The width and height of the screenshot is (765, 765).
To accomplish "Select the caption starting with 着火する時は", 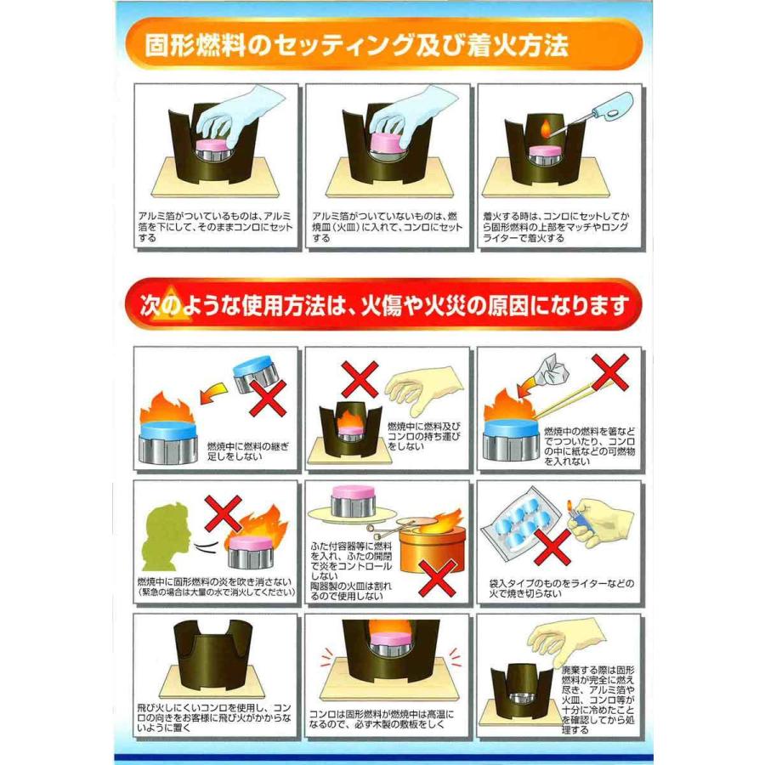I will (x=558, y=228).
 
